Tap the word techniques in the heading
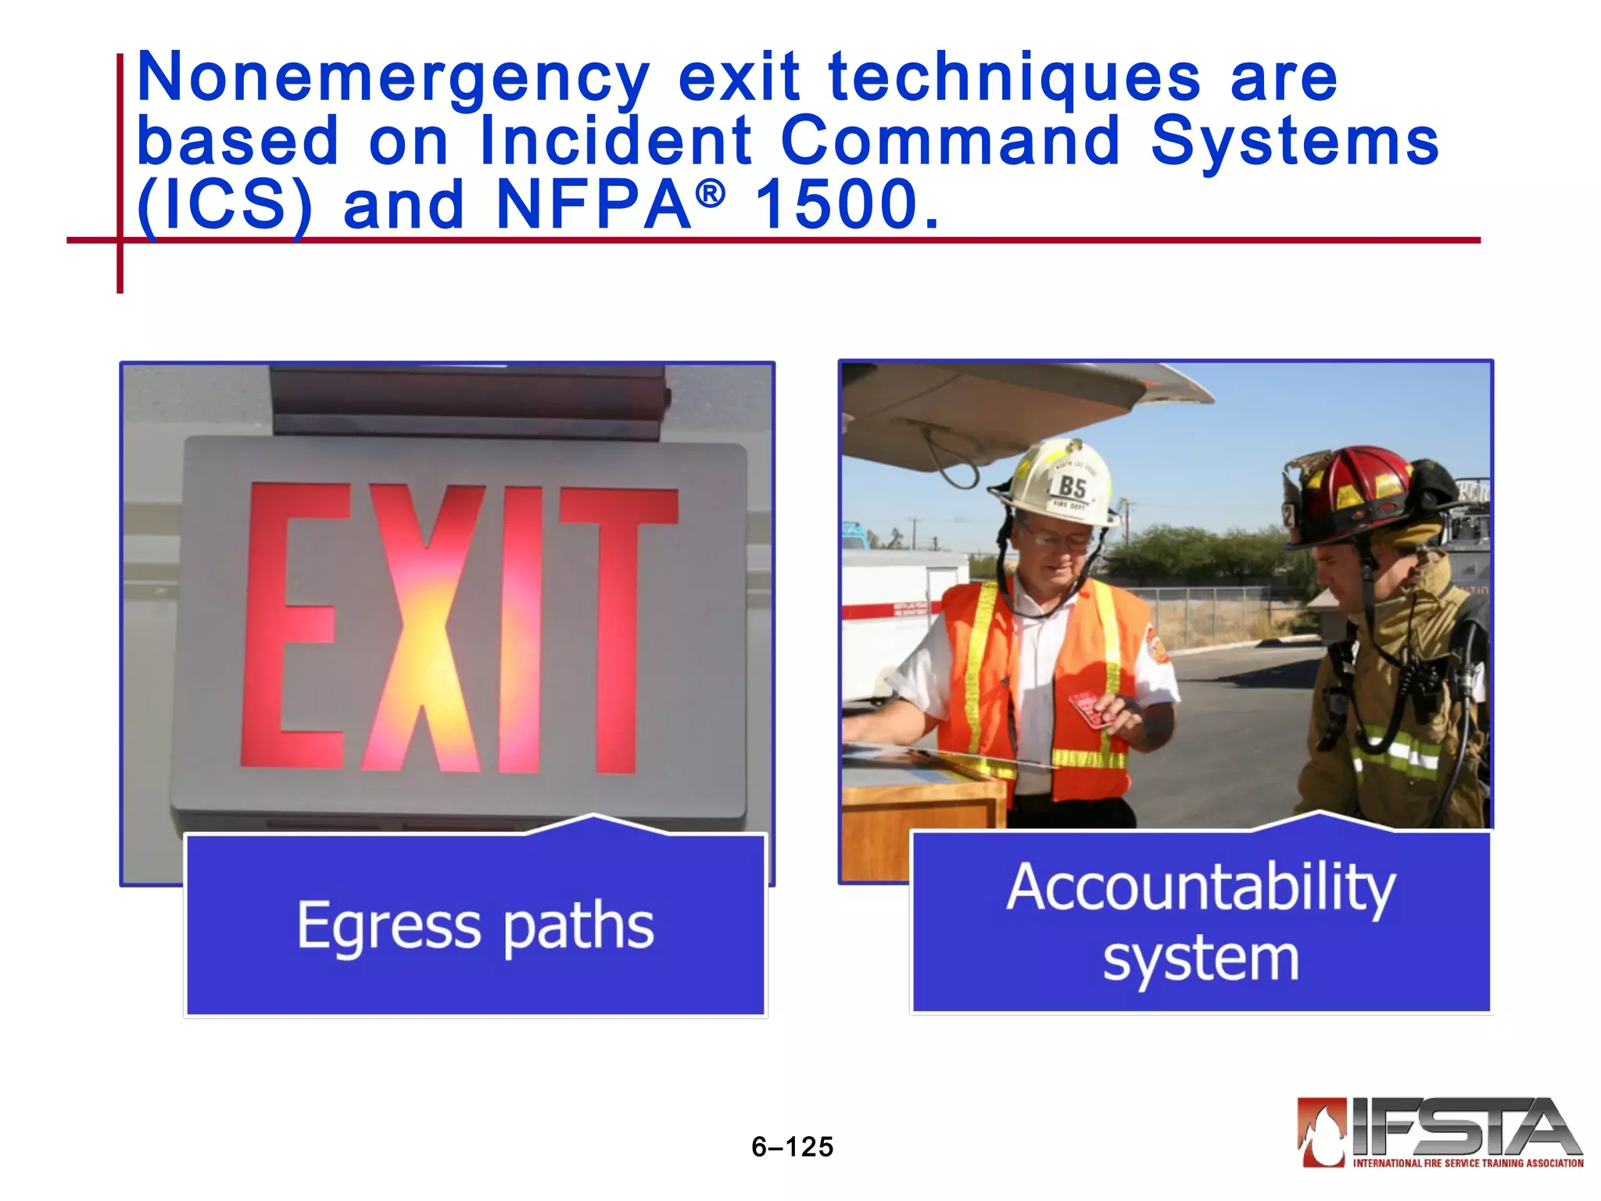click(x=1014, y=78)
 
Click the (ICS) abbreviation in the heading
click(x=224, y=205)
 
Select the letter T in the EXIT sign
click(x=618, y=626)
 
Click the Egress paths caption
click(x=475, y=926)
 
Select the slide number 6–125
click(x=792, y=1147)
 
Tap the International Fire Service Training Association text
click(x=1467, y=1163)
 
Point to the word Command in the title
click(x=950, y=142)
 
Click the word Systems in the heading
click(x=1294, y=142)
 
